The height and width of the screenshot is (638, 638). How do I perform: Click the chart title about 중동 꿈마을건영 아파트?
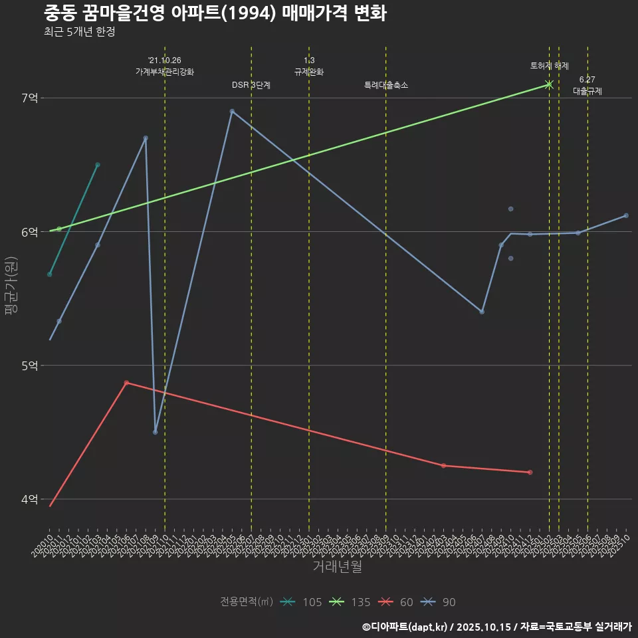click(215, 13)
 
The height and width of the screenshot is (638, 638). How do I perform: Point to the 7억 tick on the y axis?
click(30, 98)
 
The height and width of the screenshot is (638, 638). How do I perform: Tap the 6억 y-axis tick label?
click(30, 232)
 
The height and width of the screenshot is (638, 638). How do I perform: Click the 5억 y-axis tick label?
click(30, 366)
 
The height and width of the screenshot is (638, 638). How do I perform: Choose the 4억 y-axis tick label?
click(30, 499)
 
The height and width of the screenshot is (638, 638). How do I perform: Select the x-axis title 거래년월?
click(338, 566)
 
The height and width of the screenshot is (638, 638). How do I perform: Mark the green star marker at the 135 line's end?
click(549, 84)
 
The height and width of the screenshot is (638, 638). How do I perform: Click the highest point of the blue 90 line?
click(232, 111)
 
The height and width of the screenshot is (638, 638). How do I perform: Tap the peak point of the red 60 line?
click(126, 383)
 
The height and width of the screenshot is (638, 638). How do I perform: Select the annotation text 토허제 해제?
click(549, 66)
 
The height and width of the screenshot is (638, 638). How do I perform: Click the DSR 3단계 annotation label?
click(251, 85)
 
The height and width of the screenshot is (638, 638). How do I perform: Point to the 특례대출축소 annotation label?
click(386, 85)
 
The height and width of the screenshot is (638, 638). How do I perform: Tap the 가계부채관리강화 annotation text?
click(165, 72)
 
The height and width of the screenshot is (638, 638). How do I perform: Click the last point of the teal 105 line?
click(98, 165)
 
